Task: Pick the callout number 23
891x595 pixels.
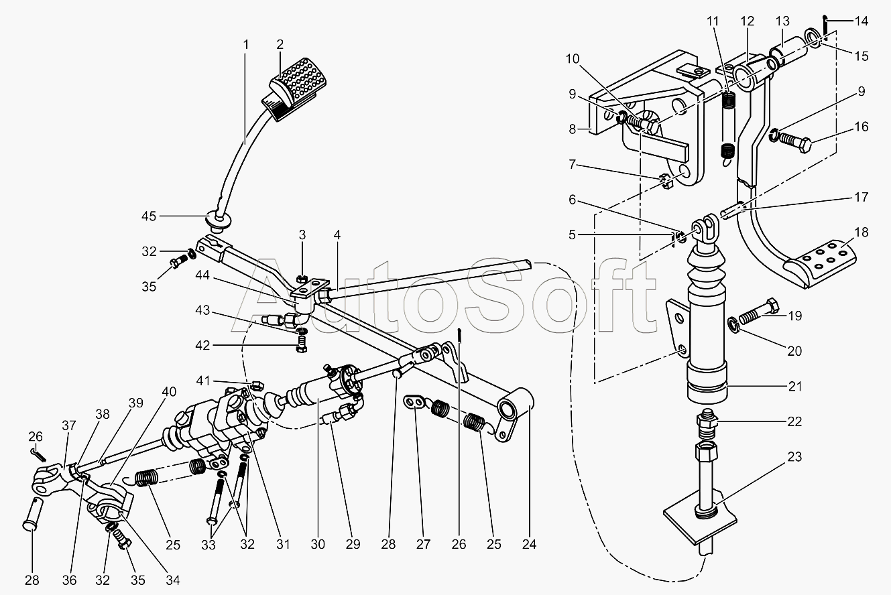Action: pos(794,458)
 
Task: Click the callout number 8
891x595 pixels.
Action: pos(573,129)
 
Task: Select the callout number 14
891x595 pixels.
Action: pos(862,21)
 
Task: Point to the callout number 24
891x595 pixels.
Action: pos(530,544)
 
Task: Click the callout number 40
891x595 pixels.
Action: pos(169,391)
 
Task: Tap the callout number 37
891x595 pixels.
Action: pos(68,424)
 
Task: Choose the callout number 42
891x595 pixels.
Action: pos(202,345)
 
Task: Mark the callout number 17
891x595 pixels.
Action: pos(862,197)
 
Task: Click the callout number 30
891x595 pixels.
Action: pos(318,544)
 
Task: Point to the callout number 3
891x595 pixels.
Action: pos(302,235)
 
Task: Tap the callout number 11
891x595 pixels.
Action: pos(711,21)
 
